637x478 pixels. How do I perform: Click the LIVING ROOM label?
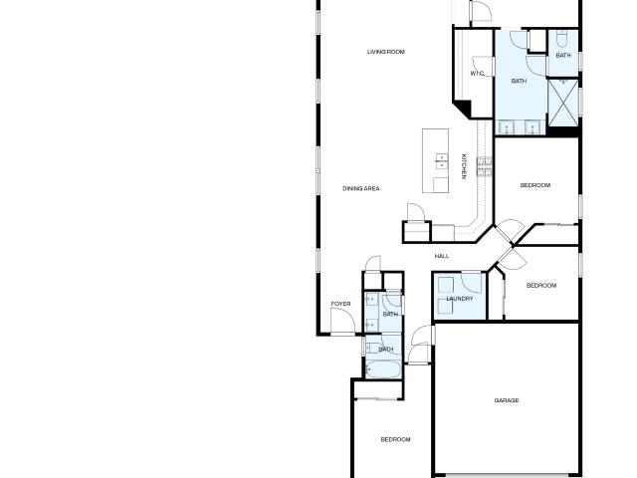click(386, 52)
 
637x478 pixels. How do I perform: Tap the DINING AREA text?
click(361, 188)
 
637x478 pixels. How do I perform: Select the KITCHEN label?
click(464, 166)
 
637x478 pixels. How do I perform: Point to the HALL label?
click(442, 256)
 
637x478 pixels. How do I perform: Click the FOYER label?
click(340, 304)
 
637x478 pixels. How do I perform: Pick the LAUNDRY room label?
click(460, 299)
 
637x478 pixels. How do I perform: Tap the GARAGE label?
click(507, 400)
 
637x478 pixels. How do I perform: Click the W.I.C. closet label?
click(478, 74)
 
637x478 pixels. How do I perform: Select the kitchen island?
click(436, 160)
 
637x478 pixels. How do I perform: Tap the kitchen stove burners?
click(485, 166)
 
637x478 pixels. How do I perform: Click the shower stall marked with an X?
click(563, 103)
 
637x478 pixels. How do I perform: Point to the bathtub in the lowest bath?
click(384, 369)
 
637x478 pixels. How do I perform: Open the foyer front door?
click(342, 322)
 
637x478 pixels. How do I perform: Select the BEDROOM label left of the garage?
click(395, 439)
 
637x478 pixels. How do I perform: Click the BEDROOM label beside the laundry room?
click(541, 286)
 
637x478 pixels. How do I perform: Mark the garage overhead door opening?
click(507, 475)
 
